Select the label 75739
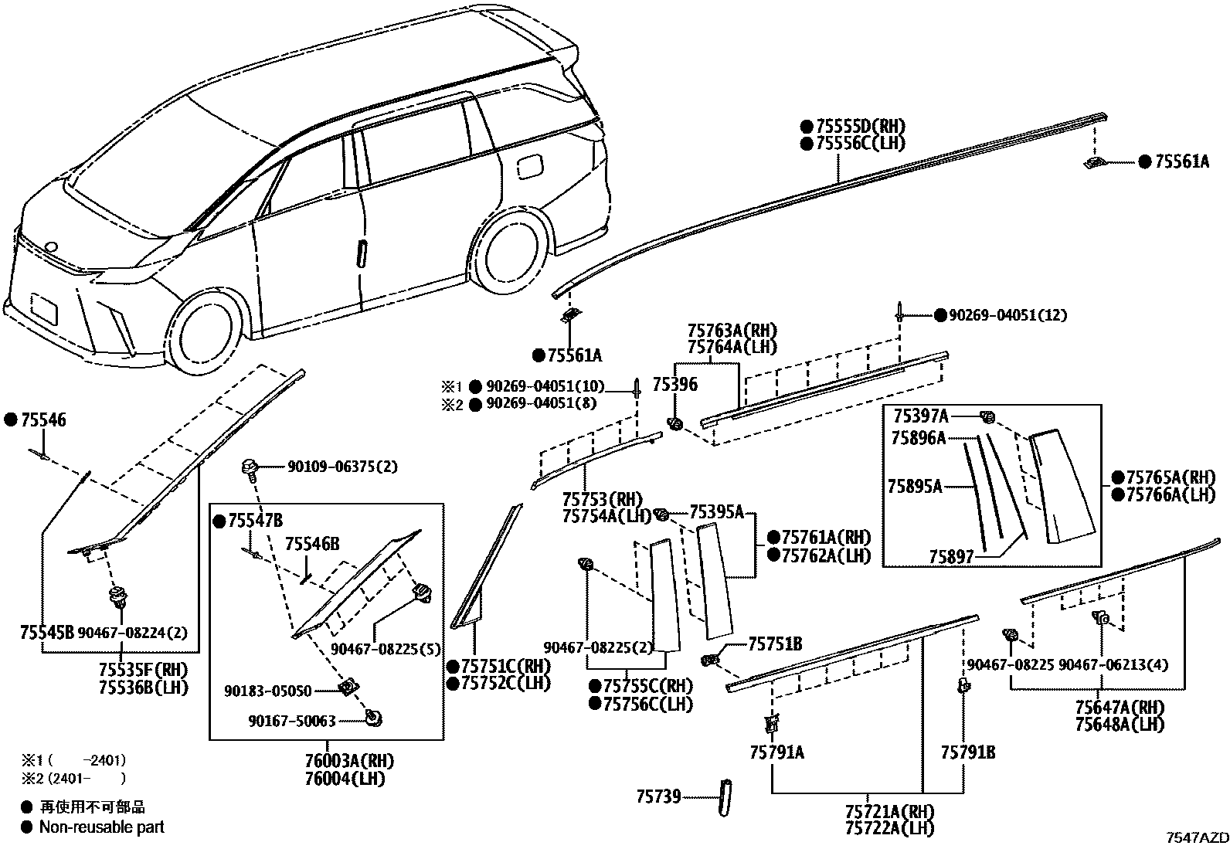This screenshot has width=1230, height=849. (658, 796)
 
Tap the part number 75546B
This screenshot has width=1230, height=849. (312, 545)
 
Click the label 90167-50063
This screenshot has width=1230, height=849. (291, 721)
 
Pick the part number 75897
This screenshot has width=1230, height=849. (951, 556)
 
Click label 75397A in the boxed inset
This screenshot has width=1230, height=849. (920, 416)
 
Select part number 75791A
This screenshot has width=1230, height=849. (776, 752)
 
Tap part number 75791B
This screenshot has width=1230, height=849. (967, 752)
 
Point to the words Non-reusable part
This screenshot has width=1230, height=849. (102, 827)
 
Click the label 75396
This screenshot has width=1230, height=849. (674, 384)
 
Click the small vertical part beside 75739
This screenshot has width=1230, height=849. (725, 796)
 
